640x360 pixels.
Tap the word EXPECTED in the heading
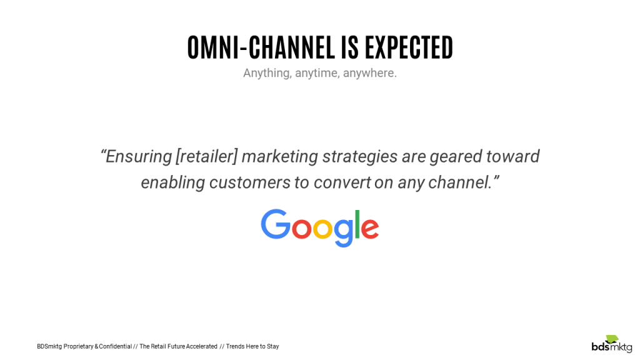tap(409, 47)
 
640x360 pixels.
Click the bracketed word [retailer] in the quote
tap(207, 156)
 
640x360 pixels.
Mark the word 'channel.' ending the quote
tap(460, 182)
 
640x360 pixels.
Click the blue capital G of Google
tap(273, 224)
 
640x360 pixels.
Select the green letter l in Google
tap(358, 224)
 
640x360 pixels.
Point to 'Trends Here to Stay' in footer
tap(252, 346)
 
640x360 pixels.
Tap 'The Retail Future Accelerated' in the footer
tap(178, 346)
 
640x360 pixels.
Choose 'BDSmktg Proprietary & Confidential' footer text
tap(84, 346)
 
